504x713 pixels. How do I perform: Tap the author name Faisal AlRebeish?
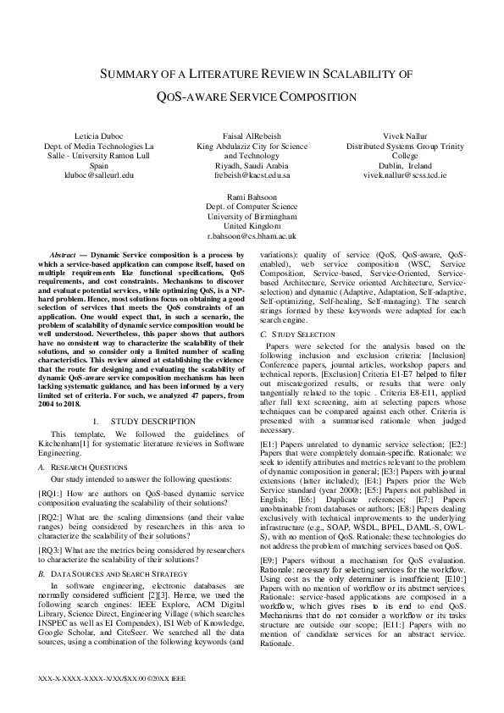coord(252,135)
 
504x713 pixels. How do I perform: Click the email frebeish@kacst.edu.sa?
coord(252,175)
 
